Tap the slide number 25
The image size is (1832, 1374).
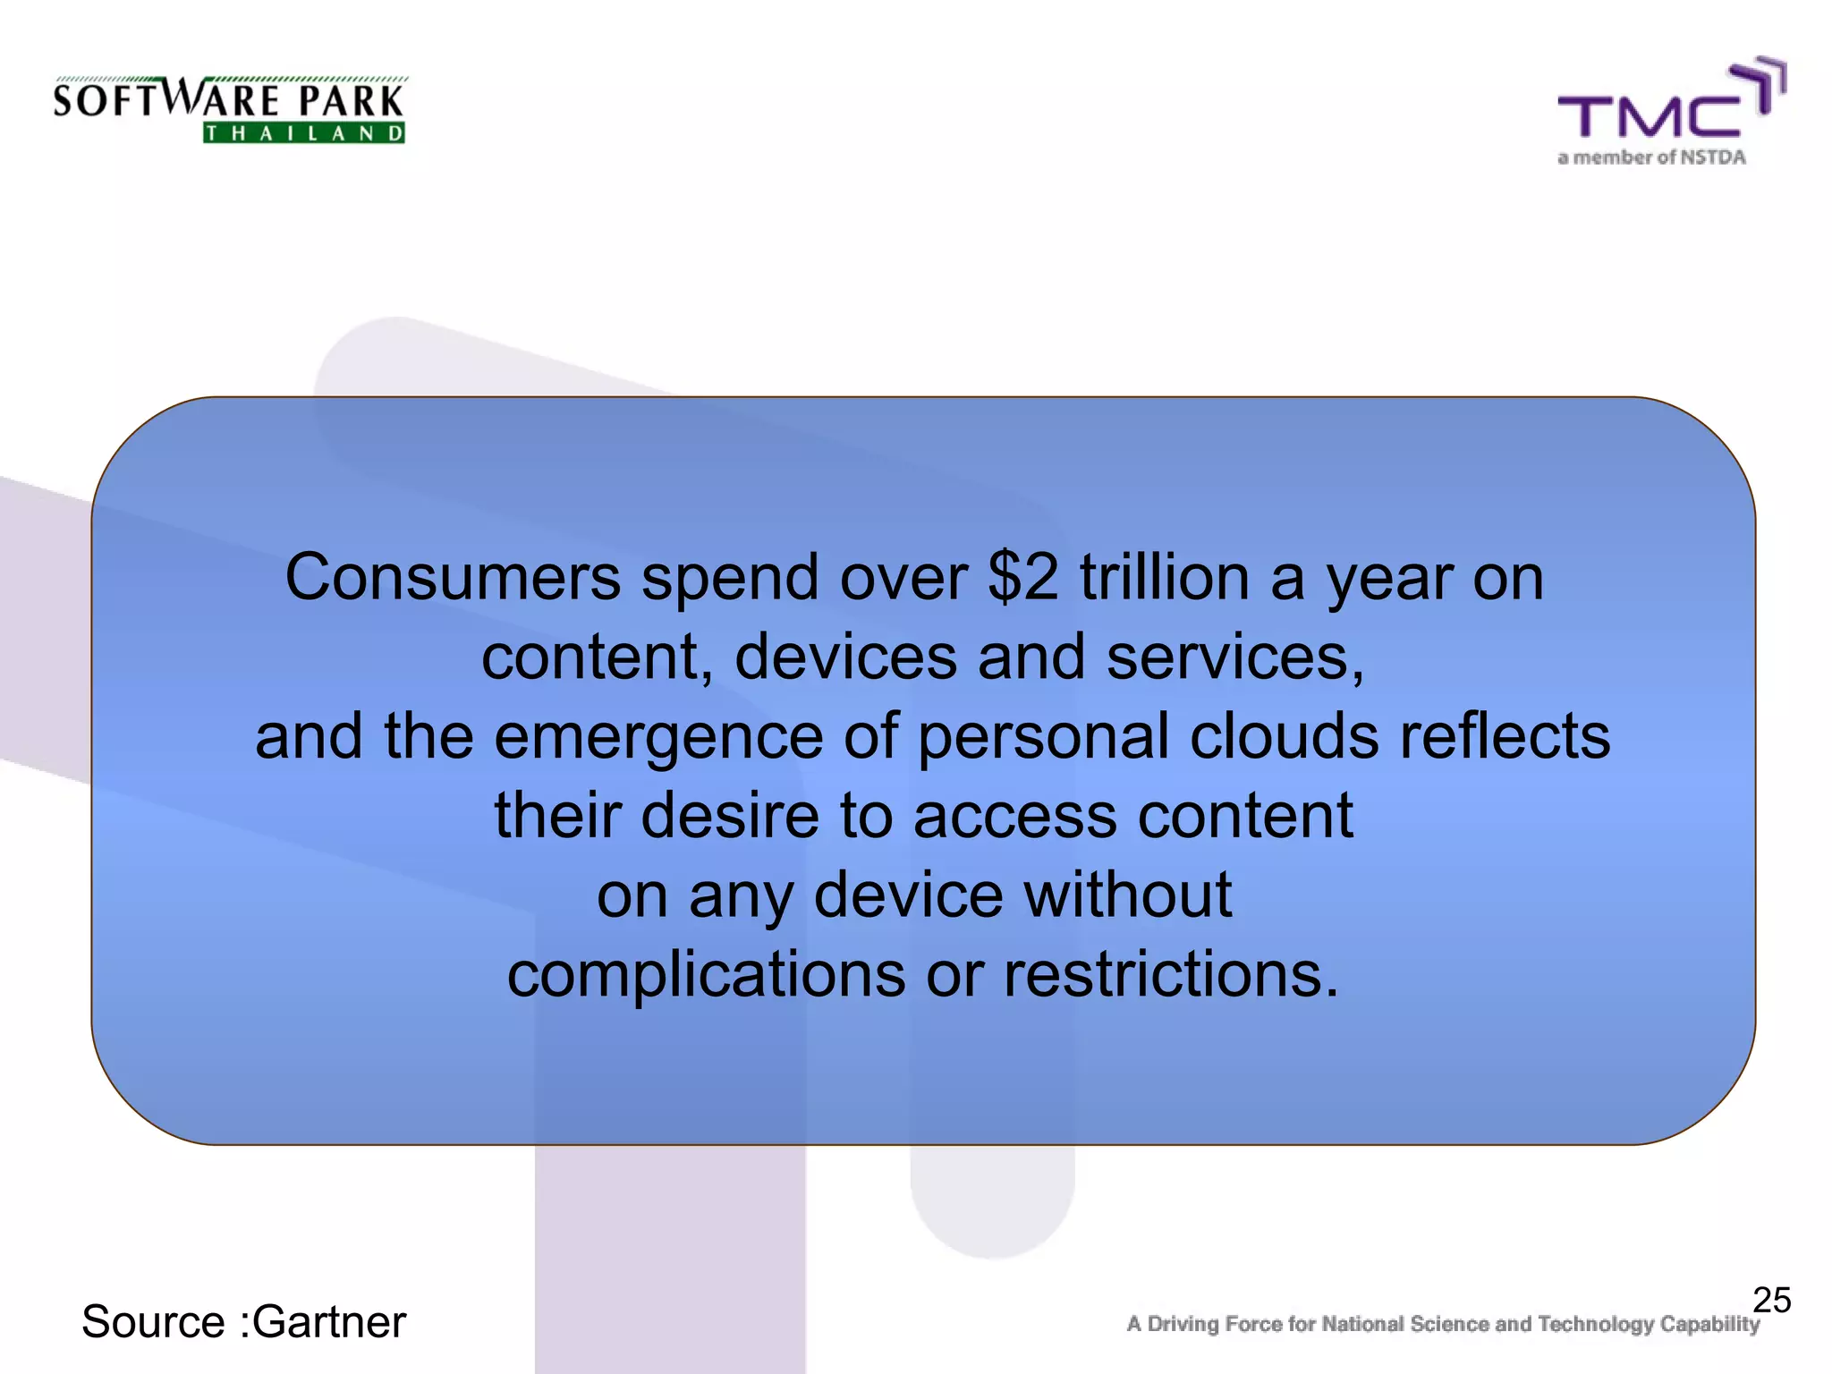tap(1771, 1300)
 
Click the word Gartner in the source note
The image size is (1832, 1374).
tap(329, 1322)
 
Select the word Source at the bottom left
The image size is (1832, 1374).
tap(153, 1322)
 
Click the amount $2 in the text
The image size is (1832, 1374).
tap(1022, 578)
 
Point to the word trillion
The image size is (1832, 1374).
tap(1164, 578)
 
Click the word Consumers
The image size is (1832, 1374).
tap(453, 578)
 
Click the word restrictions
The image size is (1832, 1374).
tap(1171, 974)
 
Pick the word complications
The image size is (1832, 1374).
tap(706, 974)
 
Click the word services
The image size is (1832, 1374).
tap(1234, 657)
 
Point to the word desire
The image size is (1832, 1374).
tap(730, 816)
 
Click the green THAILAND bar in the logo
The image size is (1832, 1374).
tap(304, 134)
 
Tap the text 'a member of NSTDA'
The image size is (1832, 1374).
tap(1651, 157)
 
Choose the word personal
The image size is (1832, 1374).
tap(1043, 736)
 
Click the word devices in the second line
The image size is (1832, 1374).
tap(845, 657)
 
